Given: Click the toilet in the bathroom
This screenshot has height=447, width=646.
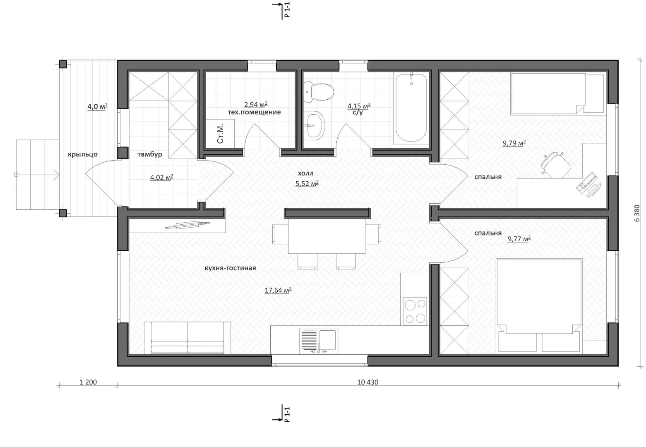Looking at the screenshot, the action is tap(318, 92).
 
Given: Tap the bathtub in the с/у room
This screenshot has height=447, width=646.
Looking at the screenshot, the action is tap(411, 108).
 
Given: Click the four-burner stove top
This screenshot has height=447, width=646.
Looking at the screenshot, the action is tap(415, 311).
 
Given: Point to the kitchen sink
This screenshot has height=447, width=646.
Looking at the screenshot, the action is tap(319, 341).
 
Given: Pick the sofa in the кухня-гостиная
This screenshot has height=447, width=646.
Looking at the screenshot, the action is tap(187, 338).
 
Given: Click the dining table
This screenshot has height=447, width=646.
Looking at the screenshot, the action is tap(327, 236).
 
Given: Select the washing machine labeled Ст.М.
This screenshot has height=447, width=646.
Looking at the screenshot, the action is tap(220, 134).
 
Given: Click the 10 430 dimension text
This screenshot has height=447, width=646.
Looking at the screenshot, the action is tap(368, 382).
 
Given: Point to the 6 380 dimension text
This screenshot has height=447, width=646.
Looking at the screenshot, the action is tap(637, 213).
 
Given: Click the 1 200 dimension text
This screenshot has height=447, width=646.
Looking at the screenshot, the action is tap(88, 382).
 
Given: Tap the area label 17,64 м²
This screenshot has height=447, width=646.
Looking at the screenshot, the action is tap(278, 290).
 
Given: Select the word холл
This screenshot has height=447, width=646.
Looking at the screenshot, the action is tap(305, 173).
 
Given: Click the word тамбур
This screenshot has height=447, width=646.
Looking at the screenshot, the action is tap(150, 154).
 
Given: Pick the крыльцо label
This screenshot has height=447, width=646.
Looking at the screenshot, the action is tap(83, 154).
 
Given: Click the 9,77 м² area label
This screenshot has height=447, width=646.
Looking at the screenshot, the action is tap(519, 239).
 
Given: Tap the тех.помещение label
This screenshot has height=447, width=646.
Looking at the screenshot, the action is tap(255, 112).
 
